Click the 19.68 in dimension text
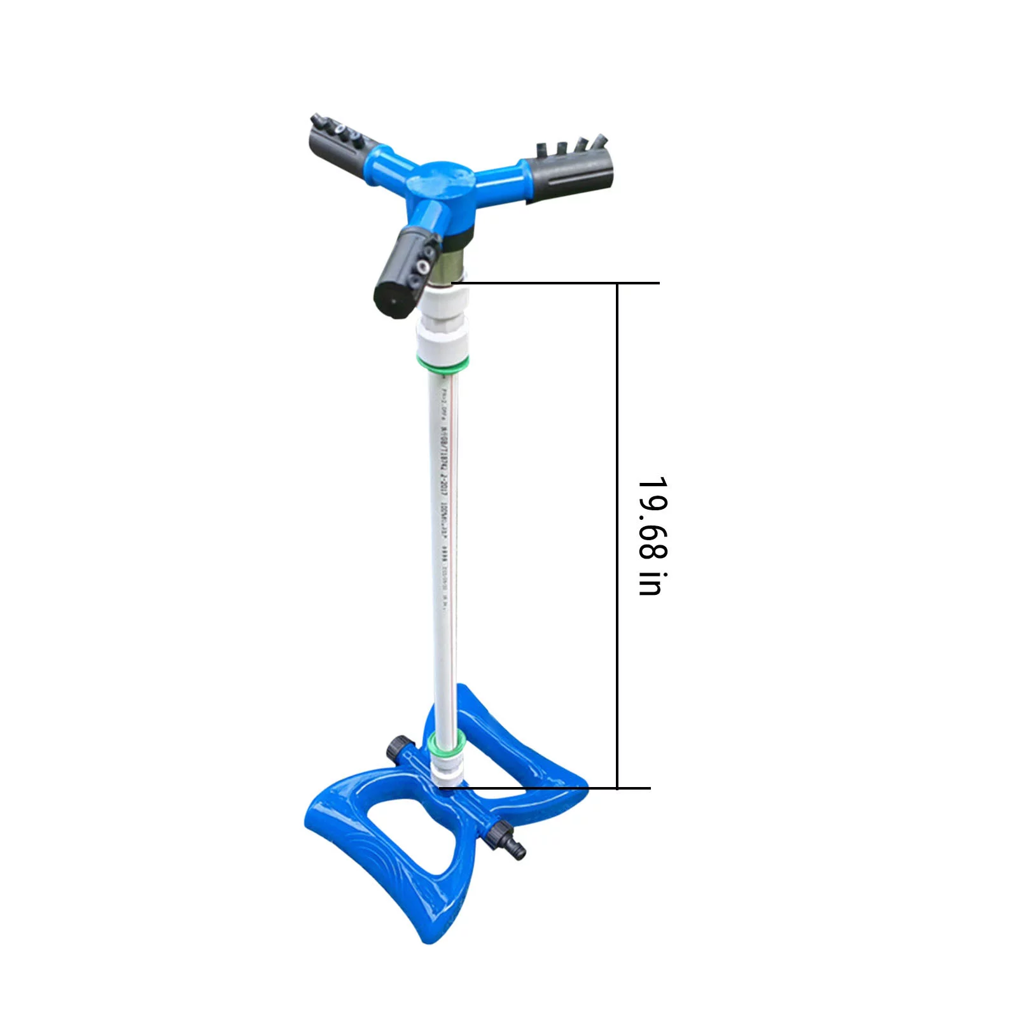(651, 536)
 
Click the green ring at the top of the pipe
(443, 364)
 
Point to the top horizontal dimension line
(554, 282)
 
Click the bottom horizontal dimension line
(547, 788)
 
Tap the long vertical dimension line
(617, 534)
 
